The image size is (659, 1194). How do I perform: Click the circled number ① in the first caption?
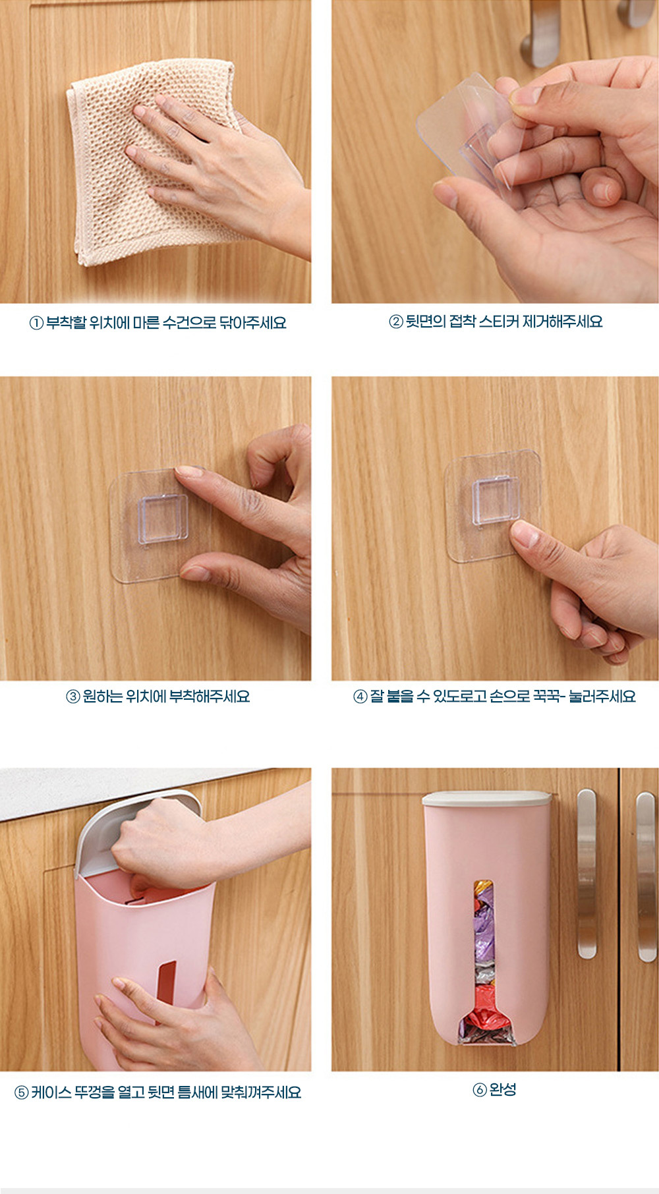pyautogui.click(x=36, y=323)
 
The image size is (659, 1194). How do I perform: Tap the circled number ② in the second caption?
pyautogui.click(x=395, y=322)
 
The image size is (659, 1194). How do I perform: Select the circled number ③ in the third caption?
pyautogui.click(x=72, y=696)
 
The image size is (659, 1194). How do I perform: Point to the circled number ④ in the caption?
pyautogui.click(x=360, y=696)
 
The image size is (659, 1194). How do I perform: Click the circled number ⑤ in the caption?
pyautogui.click(x=22, y=1093)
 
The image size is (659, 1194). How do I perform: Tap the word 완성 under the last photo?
pyautogui.click(x=503, y=1089)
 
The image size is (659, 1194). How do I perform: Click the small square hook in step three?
pyautogui.click(x=162, y=519)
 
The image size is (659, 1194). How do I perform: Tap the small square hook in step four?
pyautogui.click(x=494, y=501)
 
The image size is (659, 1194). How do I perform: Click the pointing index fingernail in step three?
pyautogui.click(x=189, y=472)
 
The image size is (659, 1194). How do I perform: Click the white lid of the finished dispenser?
pyautogui.click(x=486, y=799)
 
